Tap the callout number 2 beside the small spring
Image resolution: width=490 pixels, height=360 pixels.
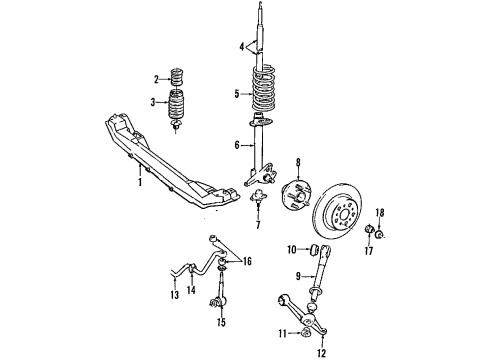(x=156, y=79)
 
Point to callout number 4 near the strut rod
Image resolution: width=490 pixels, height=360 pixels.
(x=241, y=46)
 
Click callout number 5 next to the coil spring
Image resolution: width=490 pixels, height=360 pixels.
(x=237, y=95)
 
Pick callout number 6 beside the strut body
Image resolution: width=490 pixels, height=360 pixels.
(x=237, y=145)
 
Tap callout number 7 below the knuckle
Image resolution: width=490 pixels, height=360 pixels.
(x=257, y=226)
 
